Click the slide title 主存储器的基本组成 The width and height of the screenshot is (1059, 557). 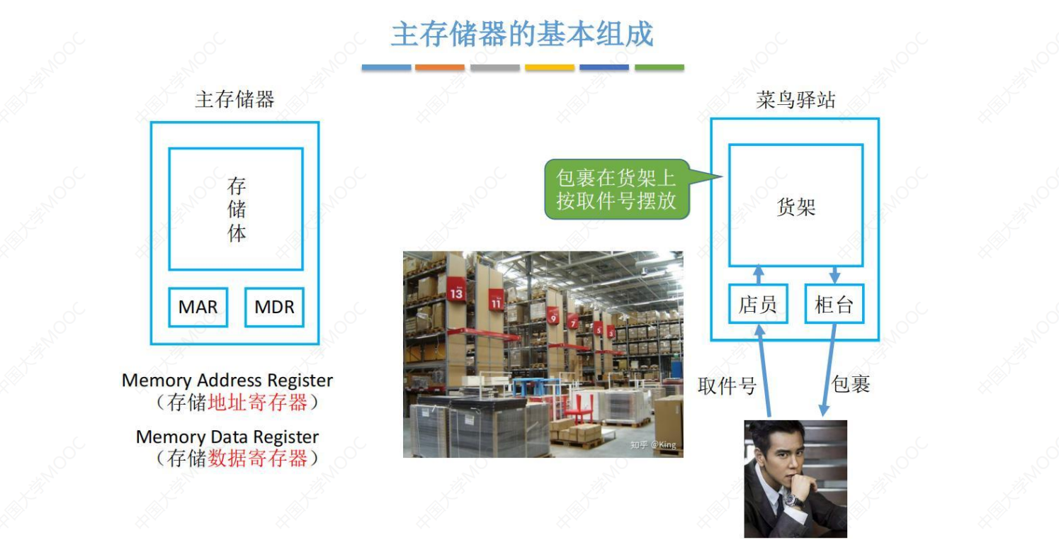pyautogui.click(x=521, y=34)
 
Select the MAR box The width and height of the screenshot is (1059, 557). pyautogui.click(x=198, y=307)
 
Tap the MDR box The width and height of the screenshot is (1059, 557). pyautogui.click(x=274, y=307)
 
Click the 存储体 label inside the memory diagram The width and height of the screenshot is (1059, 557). pyautogui.click(x=237, y=210)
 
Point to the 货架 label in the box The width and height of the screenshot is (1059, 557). pyautogui.click(x=795, y=207)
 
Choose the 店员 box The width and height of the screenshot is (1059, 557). pyautogui.click(x=757, y=305)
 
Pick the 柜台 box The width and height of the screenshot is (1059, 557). pyautogui.click(x=834, y=305)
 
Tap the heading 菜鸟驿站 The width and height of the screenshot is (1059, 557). pyautogui.click(x=795, y=100)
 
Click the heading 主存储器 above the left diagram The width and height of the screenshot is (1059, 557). pyautogui.click(x=234, y=100)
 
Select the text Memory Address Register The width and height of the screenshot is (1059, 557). pyautogui.click(x=227, y=380)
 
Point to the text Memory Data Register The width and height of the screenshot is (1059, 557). pyautogui.click(x=227, y=437)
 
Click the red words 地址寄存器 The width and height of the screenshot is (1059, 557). pyautogui.click(x=257, y=403)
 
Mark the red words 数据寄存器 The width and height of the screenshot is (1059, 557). pyautogui.click(x=257, y=458)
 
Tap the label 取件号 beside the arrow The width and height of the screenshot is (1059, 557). pyautogui.click(x=727, y=386)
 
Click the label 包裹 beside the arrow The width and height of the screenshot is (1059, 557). pyautogui.click(x=850, y=385)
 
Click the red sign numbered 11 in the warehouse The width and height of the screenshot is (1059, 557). pyautogui.click(x=496, y=302)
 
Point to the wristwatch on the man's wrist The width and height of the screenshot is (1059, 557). pyautogui.click(x=791, y=500)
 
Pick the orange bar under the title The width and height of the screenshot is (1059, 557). pyautogui.click(x=439, y=67)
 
